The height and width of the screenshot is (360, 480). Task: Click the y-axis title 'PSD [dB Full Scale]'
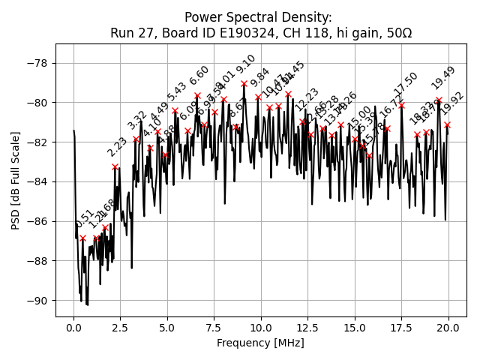point(16,180)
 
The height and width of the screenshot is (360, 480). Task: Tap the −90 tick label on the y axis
point(39,301)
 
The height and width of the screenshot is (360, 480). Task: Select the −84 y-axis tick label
point(39,181)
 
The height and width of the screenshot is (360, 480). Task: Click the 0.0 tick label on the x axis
point(73,328)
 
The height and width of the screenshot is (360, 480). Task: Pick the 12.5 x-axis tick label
point(307,328)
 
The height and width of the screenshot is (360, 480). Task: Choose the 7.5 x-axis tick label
point(214,328)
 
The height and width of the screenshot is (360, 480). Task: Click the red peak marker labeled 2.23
point(115,166)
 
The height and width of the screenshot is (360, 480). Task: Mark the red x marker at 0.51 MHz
point(82,238)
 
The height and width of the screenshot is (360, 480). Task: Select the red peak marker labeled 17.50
point(401,106)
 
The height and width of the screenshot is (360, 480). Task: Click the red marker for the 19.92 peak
point(447,124)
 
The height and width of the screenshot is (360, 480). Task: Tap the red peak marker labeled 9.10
point(244,84)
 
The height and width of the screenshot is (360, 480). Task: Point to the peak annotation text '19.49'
point(442,78)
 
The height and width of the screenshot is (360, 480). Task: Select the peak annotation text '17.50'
point(406,83)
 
